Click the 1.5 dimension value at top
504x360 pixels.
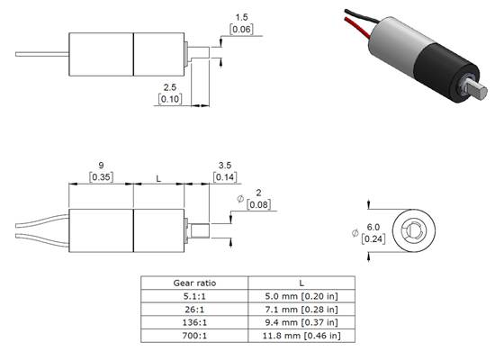click(x=241, y=17)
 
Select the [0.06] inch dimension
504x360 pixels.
click(x=241, y=30)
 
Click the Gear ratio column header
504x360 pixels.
click(x=194, y=283)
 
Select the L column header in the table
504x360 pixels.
click(x=301, y=283)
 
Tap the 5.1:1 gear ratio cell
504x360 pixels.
click(x=194, y=296)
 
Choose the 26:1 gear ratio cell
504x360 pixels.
click(x=194, y=310)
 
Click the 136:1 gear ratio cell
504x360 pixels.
click(x=194, y=323)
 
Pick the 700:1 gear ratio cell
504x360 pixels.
click(x=194, y=337)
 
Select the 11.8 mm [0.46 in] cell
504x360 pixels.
click(x=301, y=337)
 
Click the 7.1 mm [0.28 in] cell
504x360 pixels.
click(x=301, y=310)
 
